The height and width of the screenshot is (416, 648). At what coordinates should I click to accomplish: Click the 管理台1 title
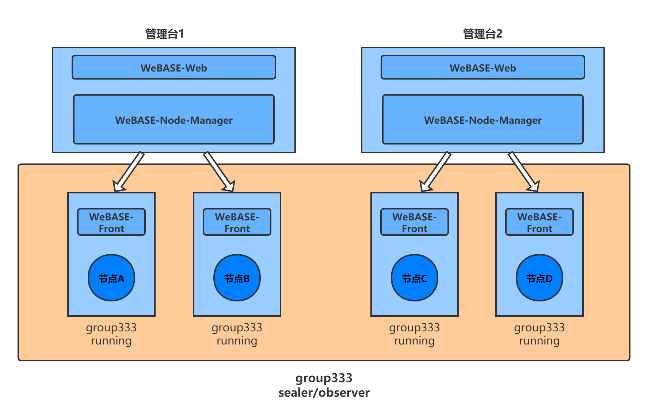click(x=164, y=34)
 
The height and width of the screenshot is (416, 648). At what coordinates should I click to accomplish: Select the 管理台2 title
click(x=483, y=34)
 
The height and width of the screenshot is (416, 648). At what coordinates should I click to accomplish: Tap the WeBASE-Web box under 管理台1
click(x=174, y=67)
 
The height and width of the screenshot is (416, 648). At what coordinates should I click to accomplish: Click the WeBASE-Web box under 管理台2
click(x=483, y=67)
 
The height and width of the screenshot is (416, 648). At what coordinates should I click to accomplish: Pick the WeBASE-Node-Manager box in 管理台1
click(x=174, y=119)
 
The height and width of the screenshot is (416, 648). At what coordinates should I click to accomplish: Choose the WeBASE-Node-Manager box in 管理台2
click(x=483, y=119)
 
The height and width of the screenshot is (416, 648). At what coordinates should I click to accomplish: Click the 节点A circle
click(x=111, y=278)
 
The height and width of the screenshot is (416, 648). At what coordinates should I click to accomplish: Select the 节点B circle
click(x=237, y=278)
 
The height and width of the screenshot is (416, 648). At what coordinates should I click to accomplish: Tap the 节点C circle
click(x=415, y=278)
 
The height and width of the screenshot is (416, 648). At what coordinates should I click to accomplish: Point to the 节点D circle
click(x=540, y=278)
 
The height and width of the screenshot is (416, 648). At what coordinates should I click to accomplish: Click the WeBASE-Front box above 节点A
click(x=111, y=222)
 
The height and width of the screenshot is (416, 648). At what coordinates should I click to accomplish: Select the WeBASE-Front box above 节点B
click(x=237, y=222)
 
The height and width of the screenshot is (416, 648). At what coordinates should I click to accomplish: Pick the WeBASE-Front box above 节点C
click(x=415, y=222)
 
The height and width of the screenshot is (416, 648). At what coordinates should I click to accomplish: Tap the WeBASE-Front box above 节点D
click(x=540, y=222)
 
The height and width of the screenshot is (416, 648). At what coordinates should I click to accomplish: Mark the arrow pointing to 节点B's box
click(x=219, y=172)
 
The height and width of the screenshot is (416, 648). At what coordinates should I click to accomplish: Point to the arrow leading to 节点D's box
click(x=524, y=172)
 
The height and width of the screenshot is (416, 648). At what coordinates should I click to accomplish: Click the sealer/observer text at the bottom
click(x=324, y=393)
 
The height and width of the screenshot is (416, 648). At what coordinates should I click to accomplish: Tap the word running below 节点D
click(x=540, y=341)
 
